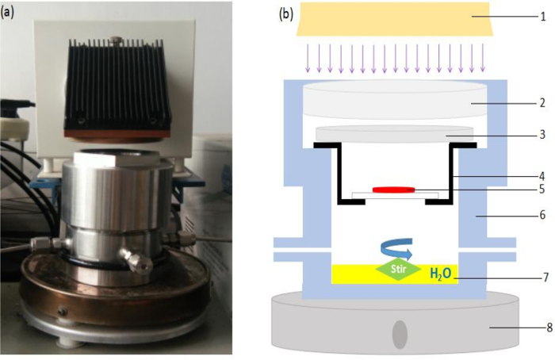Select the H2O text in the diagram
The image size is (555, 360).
[442, 274]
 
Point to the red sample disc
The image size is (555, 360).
[393, 189]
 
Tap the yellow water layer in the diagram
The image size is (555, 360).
[357, 275]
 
